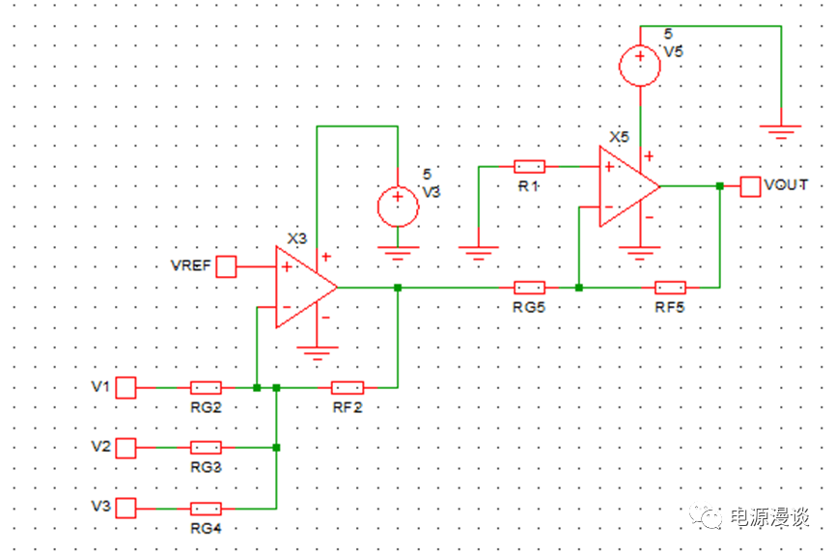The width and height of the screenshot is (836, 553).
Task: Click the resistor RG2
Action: (x=206, y=388)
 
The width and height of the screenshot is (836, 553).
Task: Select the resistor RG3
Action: (x=206, y=448)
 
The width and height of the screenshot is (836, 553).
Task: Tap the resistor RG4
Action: (x=206, y=509)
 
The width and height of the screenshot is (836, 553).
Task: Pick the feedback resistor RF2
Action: (x=348, y=388)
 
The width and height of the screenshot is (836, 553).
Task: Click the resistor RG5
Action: (x=529, y=288)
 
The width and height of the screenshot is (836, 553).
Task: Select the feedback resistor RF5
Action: (x=670, y=288)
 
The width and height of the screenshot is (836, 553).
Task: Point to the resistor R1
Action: (x=529, y=166)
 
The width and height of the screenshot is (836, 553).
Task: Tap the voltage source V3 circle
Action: (x=397, y=206)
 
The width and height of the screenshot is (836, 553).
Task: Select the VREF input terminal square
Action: (x=226, y=266)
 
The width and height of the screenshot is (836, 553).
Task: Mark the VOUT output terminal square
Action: (x=750, y=186)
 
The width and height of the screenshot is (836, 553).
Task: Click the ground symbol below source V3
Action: (x=397, y=255)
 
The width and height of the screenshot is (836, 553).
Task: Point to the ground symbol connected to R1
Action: (x=479, y=255)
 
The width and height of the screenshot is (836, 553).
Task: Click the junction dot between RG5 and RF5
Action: (x=578, y=288)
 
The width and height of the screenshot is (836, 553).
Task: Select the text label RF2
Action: (x=348, y=408)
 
